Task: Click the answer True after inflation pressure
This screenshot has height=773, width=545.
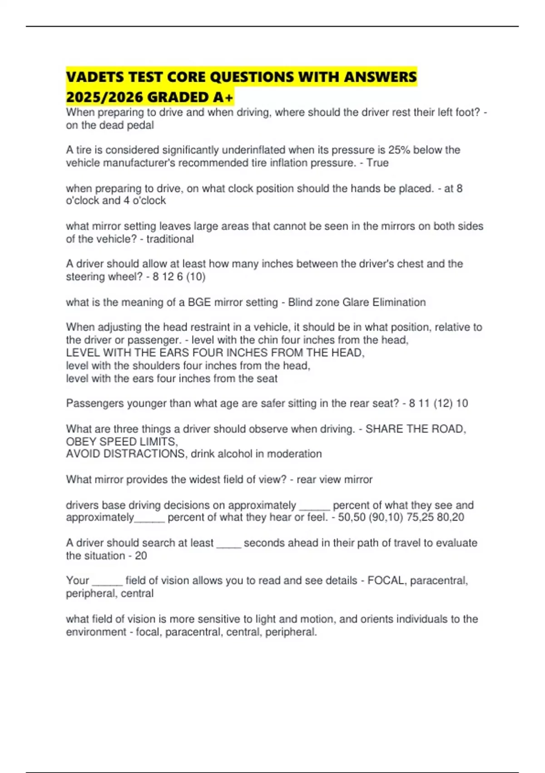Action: [377, 163]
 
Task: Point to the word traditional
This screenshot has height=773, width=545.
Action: [170, 239]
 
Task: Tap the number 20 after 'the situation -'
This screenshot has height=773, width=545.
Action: [141, 556]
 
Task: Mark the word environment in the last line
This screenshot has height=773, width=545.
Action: [96, 632]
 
